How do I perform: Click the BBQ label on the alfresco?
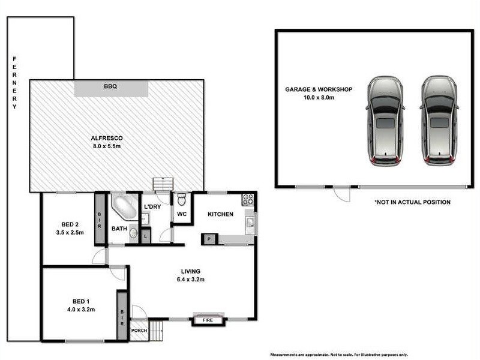pos(110,87)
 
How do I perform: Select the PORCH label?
pos(139,331)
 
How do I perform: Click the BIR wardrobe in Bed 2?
pos(99,218)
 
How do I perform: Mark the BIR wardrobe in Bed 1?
pos(122,316)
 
